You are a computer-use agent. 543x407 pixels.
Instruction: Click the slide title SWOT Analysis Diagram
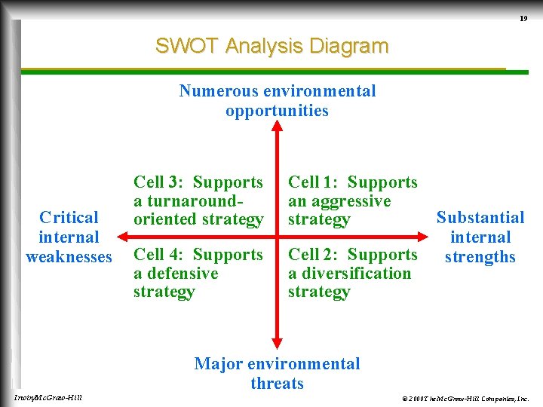pyautogui.click(x=271, y=46)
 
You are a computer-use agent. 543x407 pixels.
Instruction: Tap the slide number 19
pyautogui.click(x=523, y=18)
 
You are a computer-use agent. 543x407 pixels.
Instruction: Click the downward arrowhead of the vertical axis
pyautogui.click(x=277, y=344)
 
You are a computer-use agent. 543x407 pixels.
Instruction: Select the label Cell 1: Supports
pyautogui.click(x=352, y=182)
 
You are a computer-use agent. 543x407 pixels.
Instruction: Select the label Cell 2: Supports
pyautogui.click(x=352, y=255)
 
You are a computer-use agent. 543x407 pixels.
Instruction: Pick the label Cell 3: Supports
pyautogui.click(x=198, y=182)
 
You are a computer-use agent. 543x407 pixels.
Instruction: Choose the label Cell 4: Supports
pyautogui.click(x=198, y=255)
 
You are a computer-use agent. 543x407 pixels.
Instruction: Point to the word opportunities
pyautogui.click(x=277, y=111)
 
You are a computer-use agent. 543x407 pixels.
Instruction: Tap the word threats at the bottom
pyautogui.click(x=277, y=384)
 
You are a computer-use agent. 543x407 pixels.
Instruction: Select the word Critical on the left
pyautogui.click(x=69, y=218)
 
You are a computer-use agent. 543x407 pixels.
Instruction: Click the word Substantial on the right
pyautogui.click(x=480, y=218)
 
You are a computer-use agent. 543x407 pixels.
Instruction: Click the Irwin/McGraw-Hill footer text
pyautogui.click(x=48, y=397)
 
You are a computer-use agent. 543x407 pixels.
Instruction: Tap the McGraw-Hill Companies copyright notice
pyautogui.click(x=465, y=397)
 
